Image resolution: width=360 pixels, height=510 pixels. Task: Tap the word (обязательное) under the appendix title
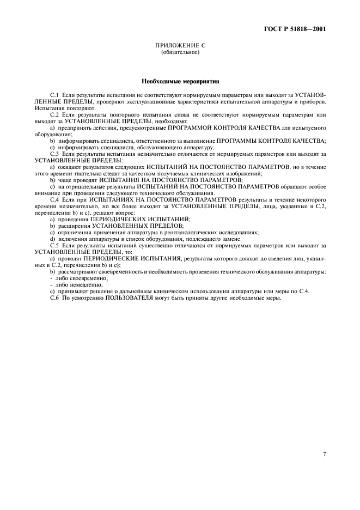[x=180, y=53]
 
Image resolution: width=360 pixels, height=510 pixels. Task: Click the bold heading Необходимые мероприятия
[x=180, y=82]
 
